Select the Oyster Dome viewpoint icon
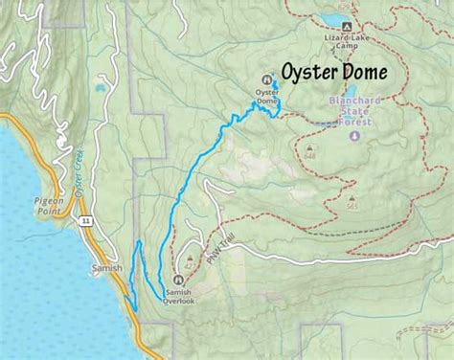coord(267,80)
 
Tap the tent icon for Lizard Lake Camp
coord(347,25)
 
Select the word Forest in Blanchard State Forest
coord(364,122)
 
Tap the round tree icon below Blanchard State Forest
coord(355,136)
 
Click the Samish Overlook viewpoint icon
coord(179,280)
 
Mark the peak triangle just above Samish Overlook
coord(190,259)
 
